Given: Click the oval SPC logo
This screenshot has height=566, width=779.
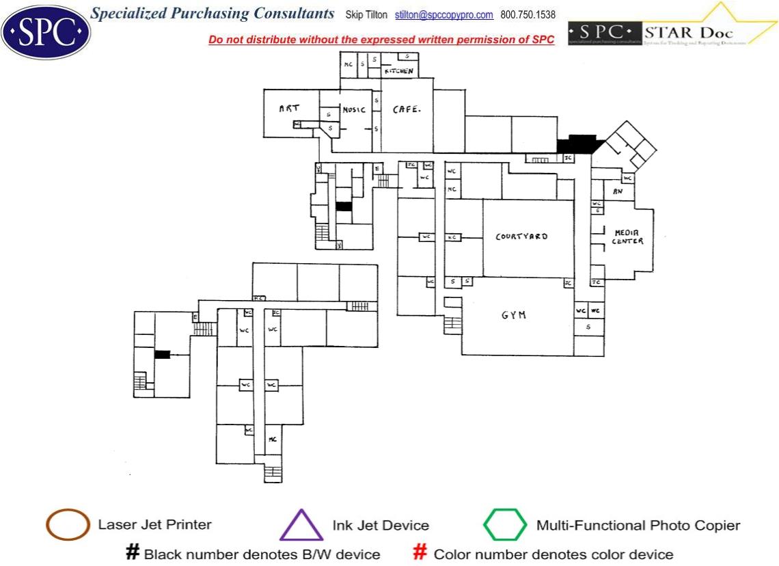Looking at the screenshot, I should click(46, 31).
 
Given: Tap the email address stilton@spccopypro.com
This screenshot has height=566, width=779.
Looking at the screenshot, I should click(443, 15).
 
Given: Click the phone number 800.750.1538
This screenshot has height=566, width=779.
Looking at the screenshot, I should click(528, 15).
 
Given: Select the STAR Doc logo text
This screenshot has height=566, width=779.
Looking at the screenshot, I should click(688, 33).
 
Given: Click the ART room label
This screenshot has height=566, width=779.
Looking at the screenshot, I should click(289, 109).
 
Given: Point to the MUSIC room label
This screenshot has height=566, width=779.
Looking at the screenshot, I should click(354, 109).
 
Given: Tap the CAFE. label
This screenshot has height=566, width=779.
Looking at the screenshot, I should click(406, 109).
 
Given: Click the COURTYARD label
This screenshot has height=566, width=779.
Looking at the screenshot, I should click(521, 237).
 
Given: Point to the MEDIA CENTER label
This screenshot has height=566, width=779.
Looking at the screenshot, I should click(627, 237).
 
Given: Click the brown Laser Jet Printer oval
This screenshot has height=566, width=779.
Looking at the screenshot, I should click(68, 525).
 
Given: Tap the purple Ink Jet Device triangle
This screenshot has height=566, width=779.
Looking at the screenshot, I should click(301, 526).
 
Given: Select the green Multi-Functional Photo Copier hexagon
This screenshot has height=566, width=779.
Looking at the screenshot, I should click(505, 525).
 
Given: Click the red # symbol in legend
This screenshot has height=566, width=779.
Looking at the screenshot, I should click(421, 552).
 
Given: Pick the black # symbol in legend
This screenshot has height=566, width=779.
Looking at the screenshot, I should click(133, 552).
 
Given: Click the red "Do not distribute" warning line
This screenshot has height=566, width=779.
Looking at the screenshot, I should click(381, 40).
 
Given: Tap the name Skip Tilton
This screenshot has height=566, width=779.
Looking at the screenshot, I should click(366, 15).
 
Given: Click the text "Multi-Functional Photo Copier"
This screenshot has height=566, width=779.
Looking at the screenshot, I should click(638, 526).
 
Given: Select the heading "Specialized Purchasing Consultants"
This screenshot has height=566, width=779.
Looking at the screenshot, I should click(213, 14).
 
